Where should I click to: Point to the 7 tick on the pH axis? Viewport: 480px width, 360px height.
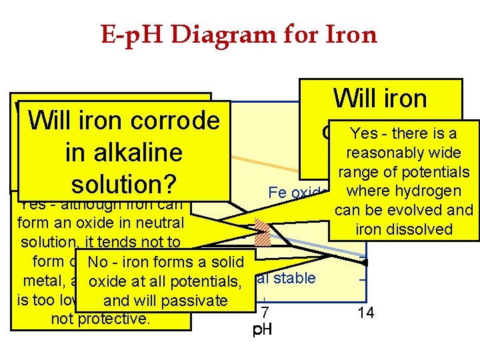[265, 311]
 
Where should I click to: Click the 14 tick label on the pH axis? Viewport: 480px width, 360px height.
[365, 311]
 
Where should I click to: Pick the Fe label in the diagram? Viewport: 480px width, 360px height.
[275, 193]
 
